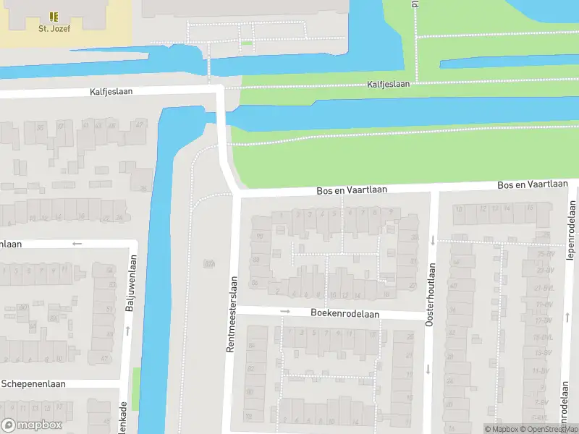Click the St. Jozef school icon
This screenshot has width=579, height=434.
[53, 16]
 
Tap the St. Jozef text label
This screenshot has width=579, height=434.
[53, 29]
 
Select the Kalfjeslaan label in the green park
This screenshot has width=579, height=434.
[388, 84]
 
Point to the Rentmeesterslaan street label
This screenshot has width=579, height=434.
[232, 314]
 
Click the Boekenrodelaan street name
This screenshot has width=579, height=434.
[345, 314]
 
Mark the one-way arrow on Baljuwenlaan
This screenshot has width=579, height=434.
[128, 331]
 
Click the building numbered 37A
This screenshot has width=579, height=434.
[210, 265]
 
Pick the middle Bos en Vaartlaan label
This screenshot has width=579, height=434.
[352, 190]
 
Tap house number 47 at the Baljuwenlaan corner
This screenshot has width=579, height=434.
[105, 359]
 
